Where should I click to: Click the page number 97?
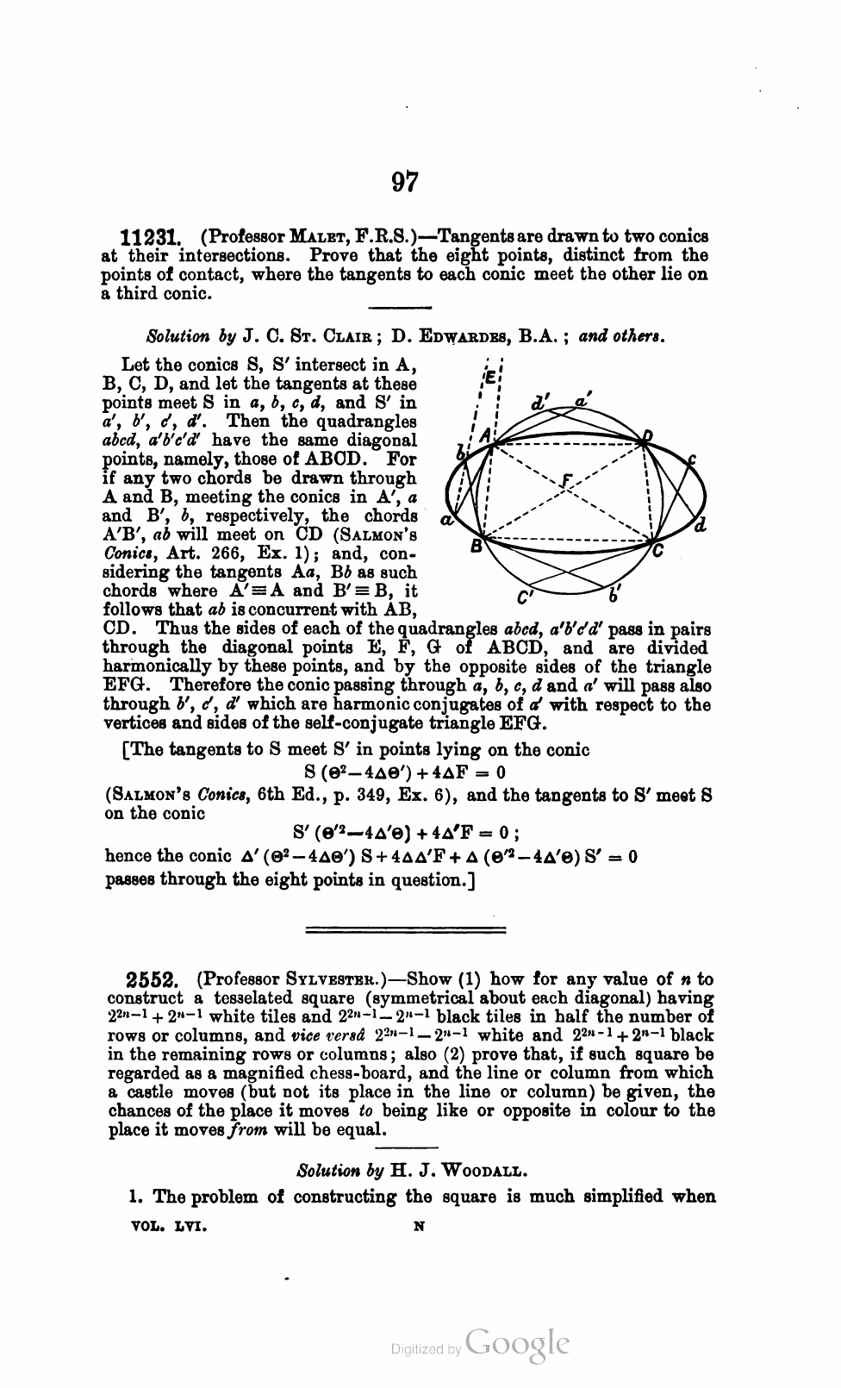pos(405,183)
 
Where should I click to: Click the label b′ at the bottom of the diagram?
pos(614,594)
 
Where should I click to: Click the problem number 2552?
pos(152,980)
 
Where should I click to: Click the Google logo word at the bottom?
pos(518,1345)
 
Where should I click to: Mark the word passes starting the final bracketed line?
pos(134,880)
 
